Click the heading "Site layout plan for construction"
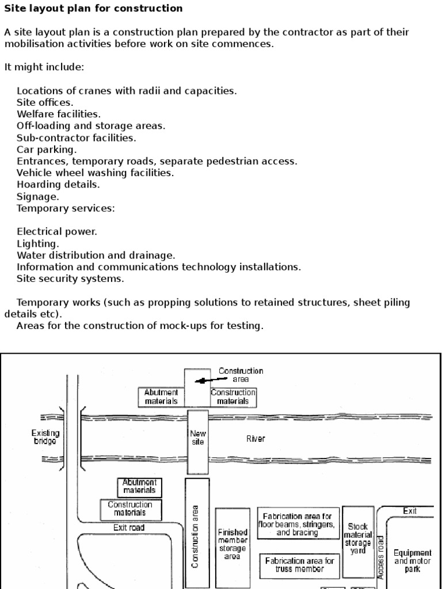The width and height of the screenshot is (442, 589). pos(93,9)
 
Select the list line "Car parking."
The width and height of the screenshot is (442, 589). pos(47,150)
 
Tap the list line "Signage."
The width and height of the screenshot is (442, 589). pos(38,197)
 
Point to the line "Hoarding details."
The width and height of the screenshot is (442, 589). pos(58,185)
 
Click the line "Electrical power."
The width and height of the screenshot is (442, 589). pos(57,232)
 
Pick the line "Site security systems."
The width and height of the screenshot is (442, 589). pos(70,279)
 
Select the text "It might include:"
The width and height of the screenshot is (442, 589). pos(44,67)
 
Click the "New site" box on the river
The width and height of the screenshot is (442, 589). pos(197,438)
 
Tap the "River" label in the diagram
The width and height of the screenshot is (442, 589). pos(256,439)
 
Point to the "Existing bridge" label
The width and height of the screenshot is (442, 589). pos(45,437)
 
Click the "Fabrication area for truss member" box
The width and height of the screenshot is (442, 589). pos(299,565)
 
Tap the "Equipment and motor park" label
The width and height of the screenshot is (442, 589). pos(412,561)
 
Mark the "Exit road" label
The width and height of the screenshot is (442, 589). pos(129,527)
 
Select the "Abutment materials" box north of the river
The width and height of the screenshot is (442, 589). pos(161,397)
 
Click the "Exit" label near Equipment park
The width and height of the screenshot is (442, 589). pos(410,511)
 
